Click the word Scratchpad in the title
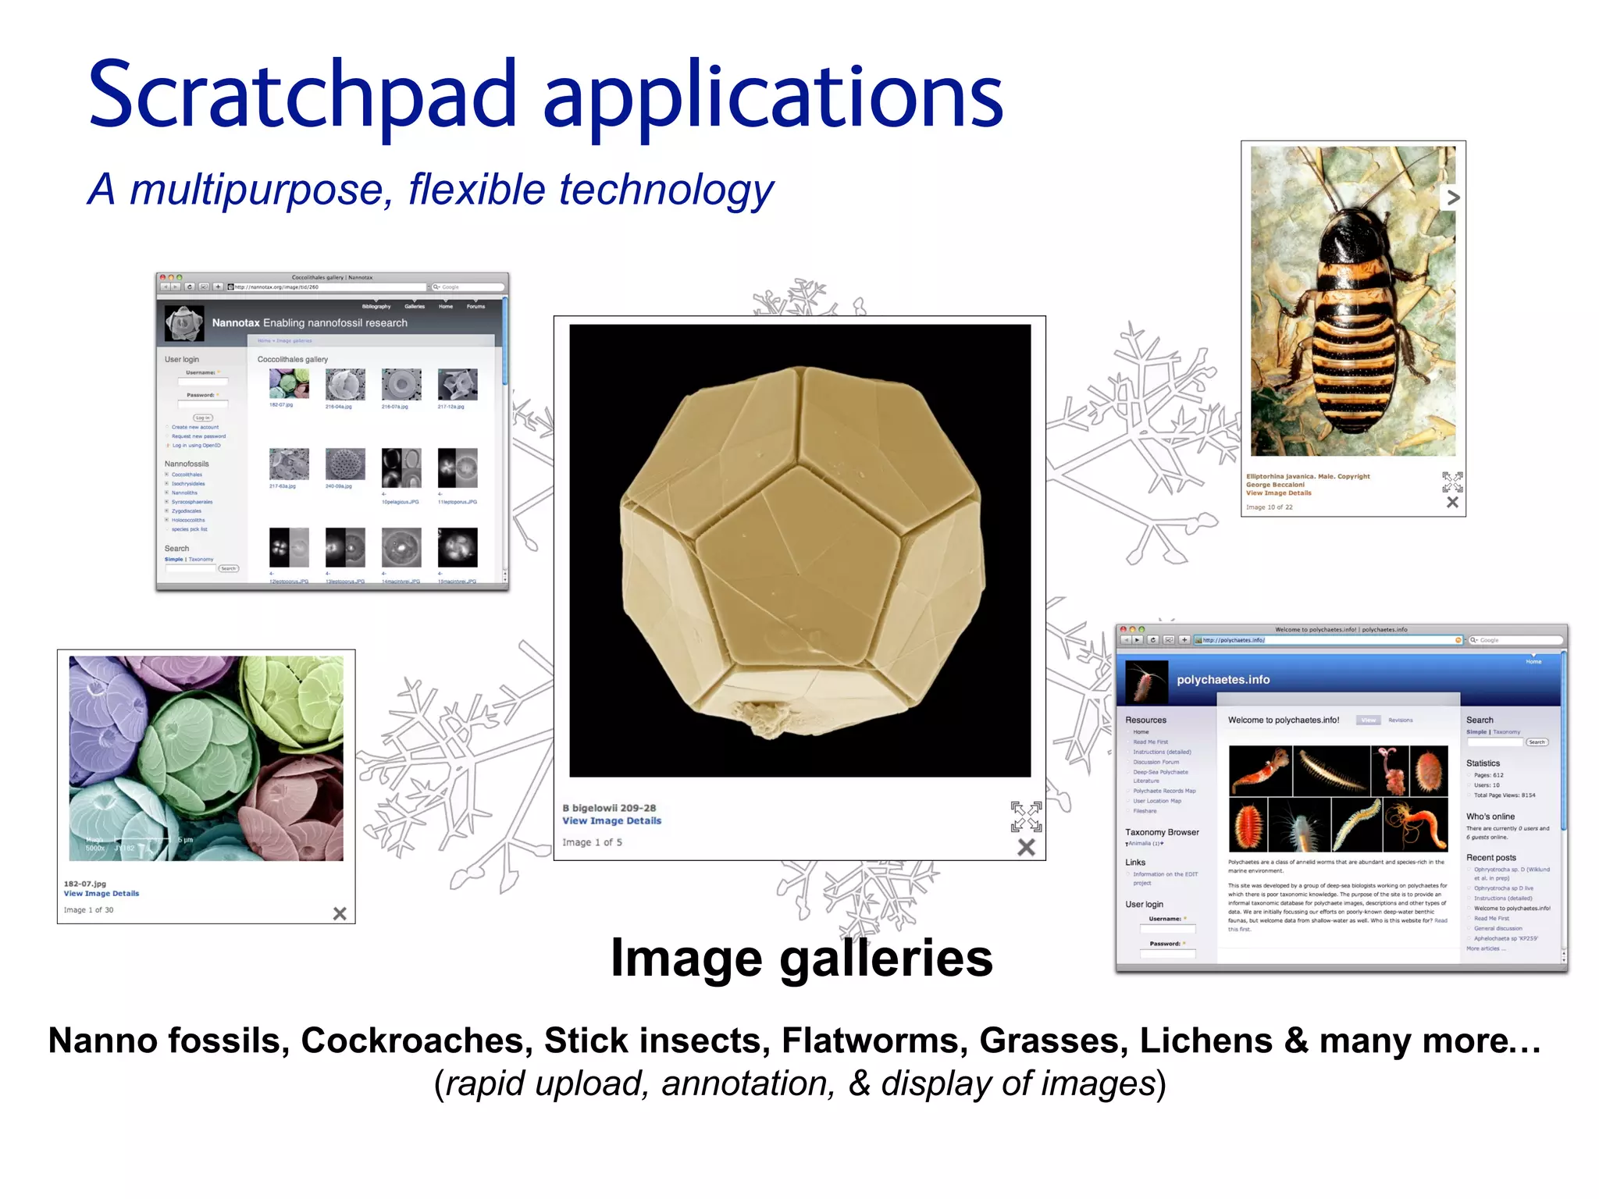(x=303, y=95)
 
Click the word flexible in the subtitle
(x=476, y=190)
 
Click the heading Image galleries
(x=801, y=958)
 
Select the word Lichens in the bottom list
(x=1205, y=1041)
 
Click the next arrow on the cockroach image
(x=1452, y=197)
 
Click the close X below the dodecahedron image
(x=1026, y=847)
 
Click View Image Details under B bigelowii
(x=611, y=820)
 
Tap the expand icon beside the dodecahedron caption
(x=1026, y=817)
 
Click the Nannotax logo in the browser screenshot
(x=184, y=323)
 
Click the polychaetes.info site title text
(x=1223, y=680)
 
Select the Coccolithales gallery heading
(x=293, y=359)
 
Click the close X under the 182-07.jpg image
(x=340, y=913)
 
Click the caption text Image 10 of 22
(x=1269, y=507)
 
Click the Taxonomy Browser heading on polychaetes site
(x=1162, y=832)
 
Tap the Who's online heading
(x=1490, y=817)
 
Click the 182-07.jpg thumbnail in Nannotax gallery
(x=289, y=383)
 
